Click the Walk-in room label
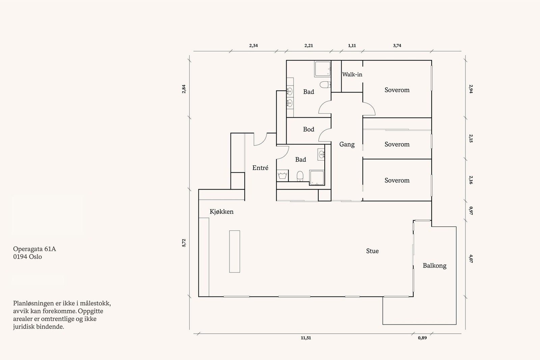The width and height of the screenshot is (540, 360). (352, 75)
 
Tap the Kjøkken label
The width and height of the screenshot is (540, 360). (221, 212)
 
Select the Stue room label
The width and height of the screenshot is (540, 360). (373, 251)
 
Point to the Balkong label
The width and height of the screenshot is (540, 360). (435, 266)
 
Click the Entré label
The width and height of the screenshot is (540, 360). (260, 168)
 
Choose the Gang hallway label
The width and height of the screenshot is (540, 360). (347, 144)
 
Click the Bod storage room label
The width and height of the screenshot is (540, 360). (308, 130)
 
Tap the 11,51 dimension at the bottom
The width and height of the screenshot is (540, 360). (306, 338)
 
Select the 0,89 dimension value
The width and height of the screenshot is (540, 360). (422, 338)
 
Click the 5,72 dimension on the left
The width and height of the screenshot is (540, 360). (184, 243)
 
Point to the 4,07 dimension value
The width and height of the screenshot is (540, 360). (471, 259)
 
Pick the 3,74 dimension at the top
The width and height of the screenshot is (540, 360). (397, 46)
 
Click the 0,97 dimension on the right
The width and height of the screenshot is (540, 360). (471, 211)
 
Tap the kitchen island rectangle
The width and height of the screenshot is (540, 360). (235, 252)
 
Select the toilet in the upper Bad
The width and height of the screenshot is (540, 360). (325, 85)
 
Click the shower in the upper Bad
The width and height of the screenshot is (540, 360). (323, 69)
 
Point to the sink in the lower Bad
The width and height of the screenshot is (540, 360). (321, 154)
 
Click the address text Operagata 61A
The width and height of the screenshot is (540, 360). (34, 249)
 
